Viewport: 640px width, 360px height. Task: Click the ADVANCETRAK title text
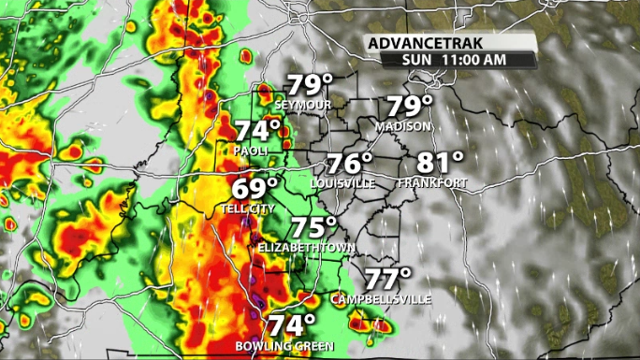[423, 43]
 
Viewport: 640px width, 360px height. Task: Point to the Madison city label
[403, 126]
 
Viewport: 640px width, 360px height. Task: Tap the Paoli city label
[252, 151]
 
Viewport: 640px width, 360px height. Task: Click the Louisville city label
[342, 183]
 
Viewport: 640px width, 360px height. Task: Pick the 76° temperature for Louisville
[350, 163]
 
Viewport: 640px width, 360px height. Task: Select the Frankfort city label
[431, 183]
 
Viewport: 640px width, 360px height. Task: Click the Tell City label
[249, 209]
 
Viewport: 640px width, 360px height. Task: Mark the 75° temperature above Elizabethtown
[313, 227]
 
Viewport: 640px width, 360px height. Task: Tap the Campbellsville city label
[381, 299]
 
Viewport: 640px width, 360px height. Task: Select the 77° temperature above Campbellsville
[387, 279]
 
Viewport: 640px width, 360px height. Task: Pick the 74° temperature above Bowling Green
[293, 325]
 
